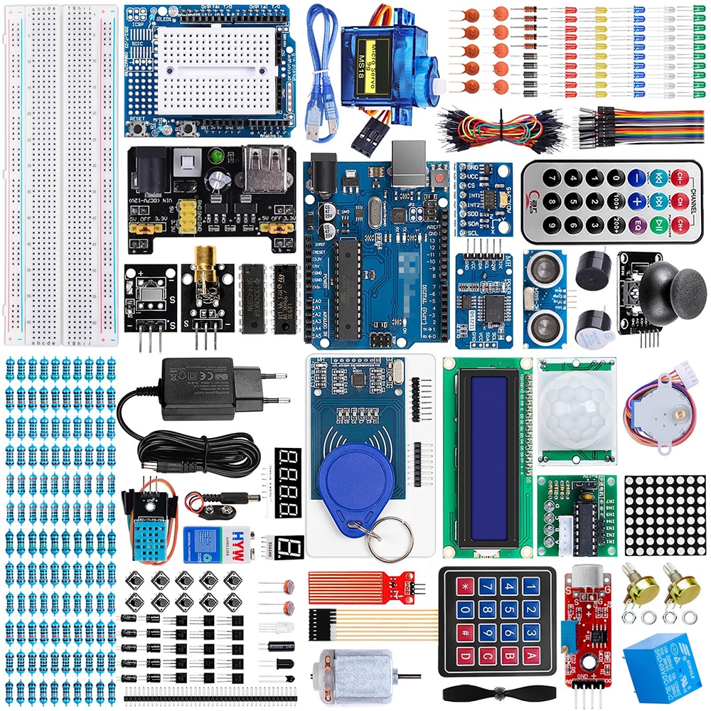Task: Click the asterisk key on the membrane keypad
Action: pyautogui.click(x=466, y=587)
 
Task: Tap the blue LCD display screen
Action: pyautogui.click(x=488, y=456)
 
